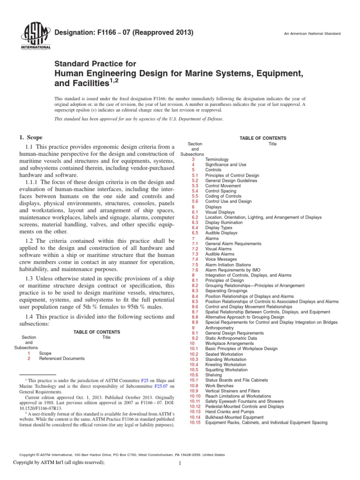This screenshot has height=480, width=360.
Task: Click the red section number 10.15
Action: coord(195,422)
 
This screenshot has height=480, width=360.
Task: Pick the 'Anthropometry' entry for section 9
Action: coord(220,328)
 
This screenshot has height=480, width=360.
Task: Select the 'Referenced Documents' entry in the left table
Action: coord(62,358)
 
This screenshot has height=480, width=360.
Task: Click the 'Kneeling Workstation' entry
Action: coord(225,364)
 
